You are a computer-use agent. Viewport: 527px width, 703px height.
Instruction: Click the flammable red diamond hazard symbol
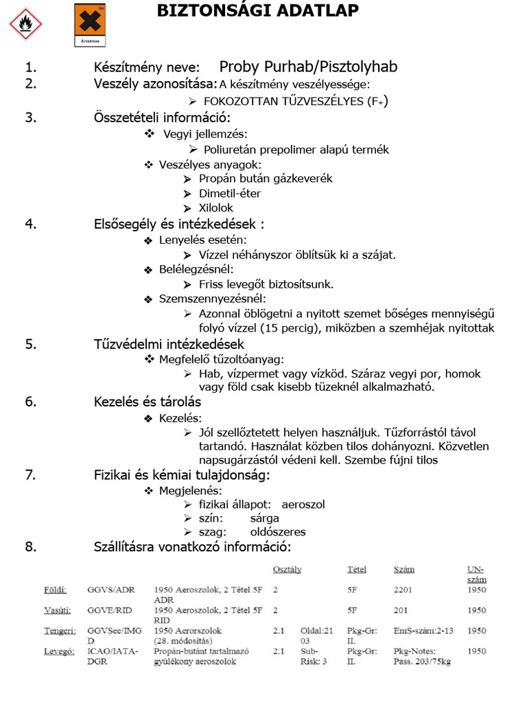[x=25, y=24]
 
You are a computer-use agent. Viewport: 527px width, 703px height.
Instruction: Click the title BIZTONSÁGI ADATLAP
[x=257, y=10]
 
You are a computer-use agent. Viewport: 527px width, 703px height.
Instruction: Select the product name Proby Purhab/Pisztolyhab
[x=308, y=67]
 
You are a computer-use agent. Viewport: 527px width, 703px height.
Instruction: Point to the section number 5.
[x=30, y=344]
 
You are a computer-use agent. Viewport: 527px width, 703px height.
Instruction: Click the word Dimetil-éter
[x=230, y=193]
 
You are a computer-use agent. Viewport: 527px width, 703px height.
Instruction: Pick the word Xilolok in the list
[x=216, y=207]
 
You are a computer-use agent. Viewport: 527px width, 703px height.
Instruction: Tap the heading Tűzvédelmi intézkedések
[x=169, y=344]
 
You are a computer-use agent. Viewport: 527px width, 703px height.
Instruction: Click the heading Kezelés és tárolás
[x=148, y=402]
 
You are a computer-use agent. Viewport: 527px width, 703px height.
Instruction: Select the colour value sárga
[x=265, y=518]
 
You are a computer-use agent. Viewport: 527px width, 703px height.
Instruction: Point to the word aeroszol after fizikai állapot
[x=303, y=504]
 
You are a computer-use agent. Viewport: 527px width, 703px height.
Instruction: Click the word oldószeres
[x=278, y=532]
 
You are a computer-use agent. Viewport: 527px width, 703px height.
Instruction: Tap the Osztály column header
[x=287, y=570]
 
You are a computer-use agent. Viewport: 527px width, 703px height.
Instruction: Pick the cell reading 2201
[x=403, y=589]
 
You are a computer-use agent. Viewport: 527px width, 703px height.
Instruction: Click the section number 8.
[x=30, y=547]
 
